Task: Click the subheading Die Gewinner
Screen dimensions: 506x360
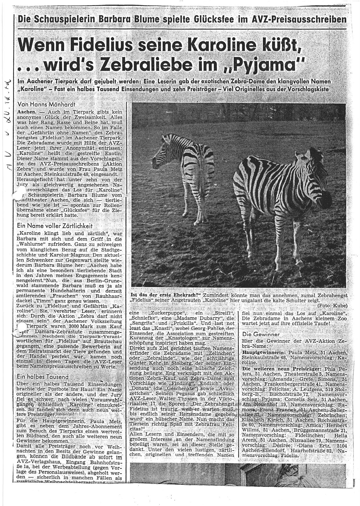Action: [261, 334]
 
